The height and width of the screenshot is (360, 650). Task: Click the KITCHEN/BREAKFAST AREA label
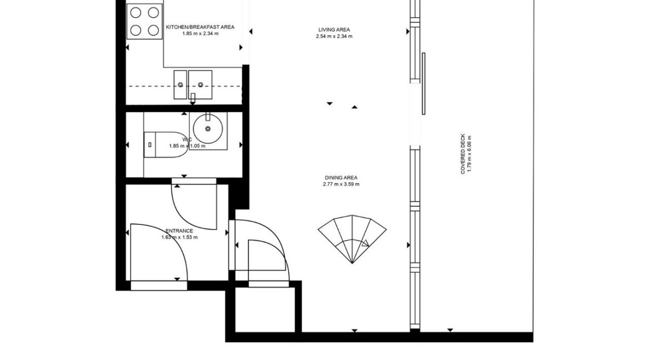pos(201,27)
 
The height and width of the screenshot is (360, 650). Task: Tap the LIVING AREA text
pos(334,29)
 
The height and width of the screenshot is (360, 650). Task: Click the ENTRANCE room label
pos(179,231)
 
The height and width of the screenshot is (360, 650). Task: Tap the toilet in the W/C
pos(161,146)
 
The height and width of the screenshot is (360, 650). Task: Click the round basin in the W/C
pos(208,129)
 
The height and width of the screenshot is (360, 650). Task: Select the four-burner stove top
pos(144,21)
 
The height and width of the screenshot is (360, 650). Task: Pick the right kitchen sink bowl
pos(200,84)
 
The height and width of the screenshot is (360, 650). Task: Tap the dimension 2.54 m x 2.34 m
pos(334,36)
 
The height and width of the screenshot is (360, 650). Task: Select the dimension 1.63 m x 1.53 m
pos(179,237)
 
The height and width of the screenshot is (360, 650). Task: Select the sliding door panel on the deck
pos(423,83)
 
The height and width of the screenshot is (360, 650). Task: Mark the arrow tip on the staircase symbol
pos(367,243)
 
